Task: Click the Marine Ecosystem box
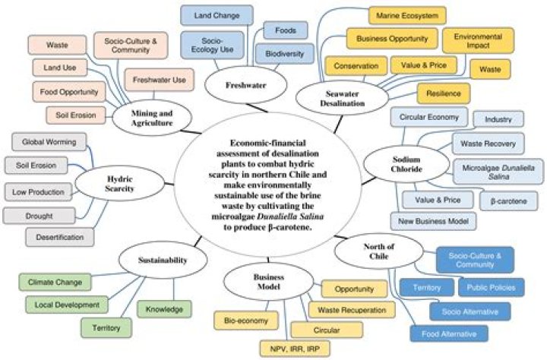[x=407, y=15]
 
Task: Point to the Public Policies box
[x=490, y=288]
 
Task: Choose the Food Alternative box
[x=449, y=333]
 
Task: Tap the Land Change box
[x=211, y=15]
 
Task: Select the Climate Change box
[x=55, y=283]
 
